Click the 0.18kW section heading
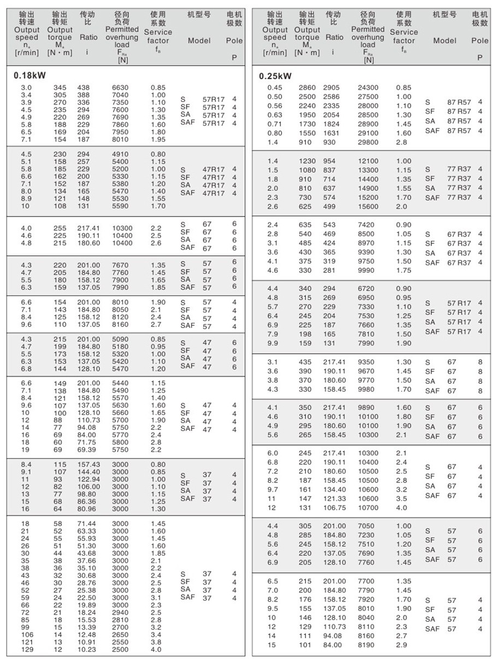click(x=29, y=75)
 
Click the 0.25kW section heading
click(x=275, y=76)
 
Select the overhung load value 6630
click(x=120, y=88)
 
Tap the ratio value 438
click(x=83, y=88)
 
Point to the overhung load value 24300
click(x=368, y=88)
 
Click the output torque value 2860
click(x=307, y=88)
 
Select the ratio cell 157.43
click(x=89, y=464)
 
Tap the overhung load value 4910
click(x=120, y=154)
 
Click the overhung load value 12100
click(x=368, y=161)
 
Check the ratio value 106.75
click(x=335, y=507)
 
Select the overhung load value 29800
click(x=368, y=142)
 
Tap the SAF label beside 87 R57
click(x=432, y=131)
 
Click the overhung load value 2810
click(x=120, y=620)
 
